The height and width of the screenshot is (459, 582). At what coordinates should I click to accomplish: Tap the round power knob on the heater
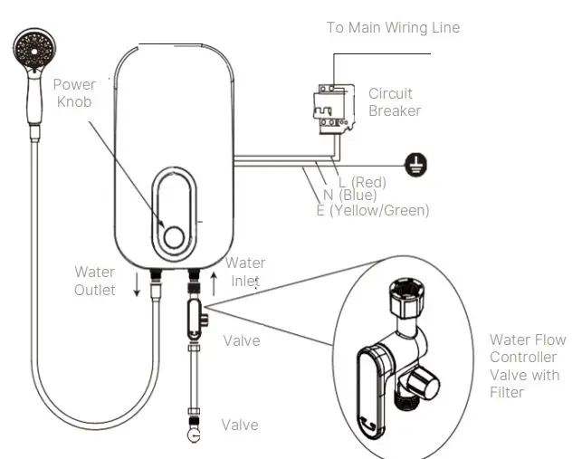pyautogui.click(x=172, y=234)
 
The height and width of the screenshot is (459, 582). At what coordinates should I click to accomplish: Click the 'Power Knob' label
pyautogui.click(x=74, y=92)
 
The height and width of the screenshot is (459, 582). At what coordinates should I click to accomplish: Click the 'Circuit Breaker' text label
pyautogui.click(x=394, y=101)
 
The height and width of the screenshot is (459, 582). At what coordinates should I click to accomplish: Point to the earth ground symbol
pyautogui.click(x=421, y=164)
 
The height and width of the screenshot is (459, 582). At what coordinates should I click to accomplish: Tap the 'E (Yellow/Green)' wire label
pyautogui.click(x=372, y=210)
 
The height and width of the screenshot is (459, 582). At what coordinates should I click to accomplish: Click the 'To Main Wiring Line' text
pyautogui.click(x=393, y=27)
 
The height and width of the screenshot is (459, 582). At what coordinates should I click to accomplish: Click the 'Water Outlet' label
pyautogui.click(x=94, y=281)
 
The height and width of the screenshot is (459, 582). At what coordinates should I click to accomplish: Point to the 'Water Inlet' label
pyautogui.click(x=245, y=272)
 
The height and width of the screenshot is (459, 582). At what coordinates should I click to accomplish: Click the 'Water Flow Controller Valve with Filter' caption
pyautogui.click(x=528, y=366)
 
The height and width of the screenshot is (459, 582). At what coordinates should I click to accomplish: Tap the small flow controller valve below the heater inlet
pyautogui.click(x=195, y=318)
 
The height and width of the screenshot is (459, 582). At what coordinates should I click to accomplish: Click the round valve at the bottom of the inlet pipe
pyautogui.click(x=193, y=435)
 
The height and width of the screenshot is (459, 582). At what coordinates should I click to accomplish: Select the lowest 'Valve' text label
pyautogui.click(x=240, y=425)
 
